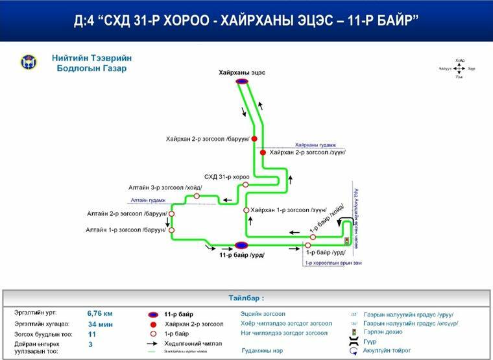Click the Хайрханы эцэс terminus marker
point(242,82)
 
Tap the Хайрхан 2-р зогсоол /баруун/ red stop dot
point(254,139)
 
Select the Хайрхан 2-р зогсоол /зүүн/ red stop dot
point(263,152)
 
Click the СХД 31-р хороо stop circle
point(246,185)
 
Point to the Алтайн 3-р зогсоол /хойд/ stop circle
point(197,195)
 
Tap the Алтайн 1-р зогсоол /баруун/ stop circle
point(171,230)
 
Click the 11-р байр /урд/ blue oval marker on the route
point(241,245)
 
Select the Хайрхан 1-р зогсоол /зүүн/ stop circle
point(246,210)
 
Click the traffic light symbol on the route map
point(348,241)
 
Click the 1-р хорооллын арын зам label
point(337,263)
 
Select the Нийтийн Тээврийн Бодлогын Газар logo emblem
point(29,62)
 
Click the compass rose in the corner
point(459,67)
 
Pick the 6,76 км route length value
point(100,313)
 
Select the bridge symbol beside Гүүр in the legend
point(353,341)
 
